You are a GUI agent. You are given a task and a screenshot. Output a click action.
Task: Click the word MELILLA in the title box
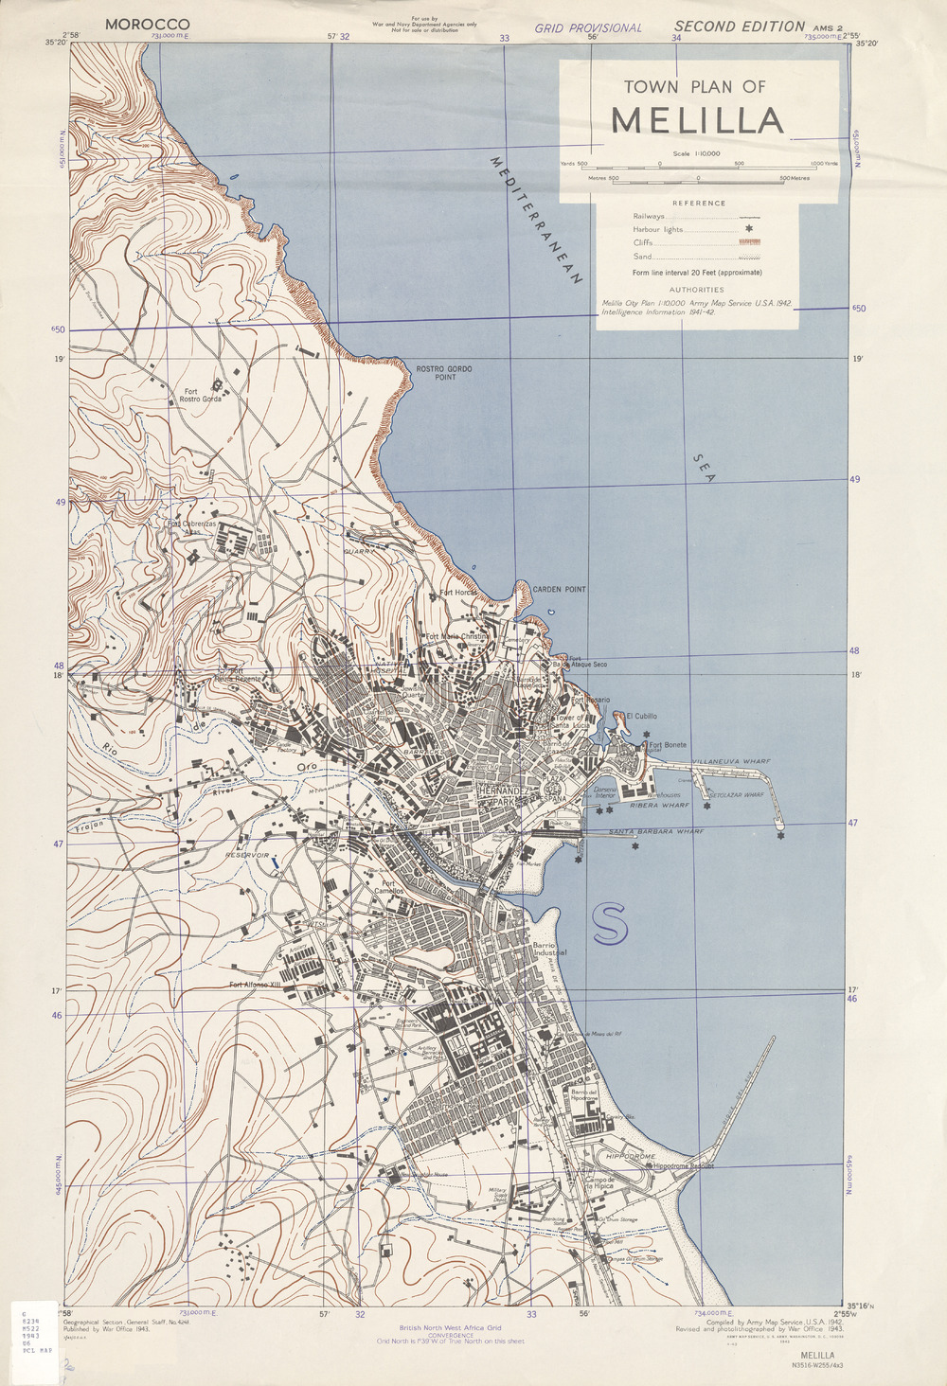click(698, 121)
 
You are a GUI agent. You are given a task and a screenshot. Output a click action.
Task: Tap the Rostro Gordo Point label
click(444, 372)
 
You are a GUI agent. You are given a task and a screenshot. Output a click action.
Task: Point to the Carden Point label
click(559, 589)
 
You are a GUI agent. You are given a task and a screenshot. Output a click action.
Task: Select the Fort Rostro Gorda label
click(201, 395)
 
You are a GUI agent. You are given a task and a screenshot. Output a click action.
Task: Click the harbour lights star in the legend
click(748, 229)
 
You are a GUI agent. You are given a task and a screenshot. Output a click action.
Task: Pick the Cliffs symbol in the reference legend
click(749, 243)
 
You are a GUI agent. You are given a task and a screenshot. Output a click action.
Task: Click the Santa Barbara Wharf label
click(656, 831)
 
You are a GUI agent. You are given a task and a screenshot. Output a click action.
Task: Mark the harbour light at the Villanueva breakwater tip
click(780, 836)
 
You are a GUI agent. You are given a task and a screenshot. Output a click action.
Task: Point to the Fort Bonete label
click(668, 745)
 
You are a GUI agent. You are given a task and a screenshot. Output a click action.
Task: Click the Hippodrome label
click(631, 1157)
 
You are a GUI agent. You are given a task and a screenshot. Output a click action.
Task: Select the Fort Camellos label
click(387, 888)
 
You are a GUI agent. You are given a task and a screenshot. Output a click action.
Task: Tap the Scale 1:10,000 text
click(697, 153)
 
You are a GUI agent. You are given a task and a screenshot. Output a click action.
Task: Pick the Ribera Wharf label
click(659, 806)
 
